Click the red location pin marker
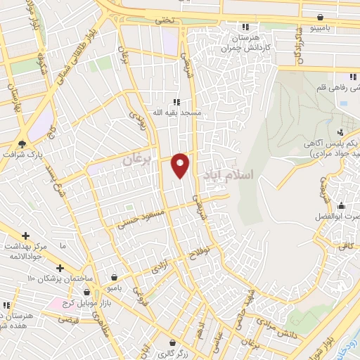[x=181, y=165]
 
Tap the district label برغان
[x=137, y=161]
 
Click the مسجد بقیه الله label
[x=179, y=112]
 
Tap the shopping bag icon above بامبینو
[x=321, y=17]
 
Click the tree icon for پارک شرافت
[x=22, y=144]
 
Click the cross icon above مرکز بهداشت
[x=26, y=236]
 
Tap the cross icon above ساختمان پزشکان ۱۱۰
[x=60, y=268]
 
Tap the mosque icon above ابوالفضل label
[x=341, y=205]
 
